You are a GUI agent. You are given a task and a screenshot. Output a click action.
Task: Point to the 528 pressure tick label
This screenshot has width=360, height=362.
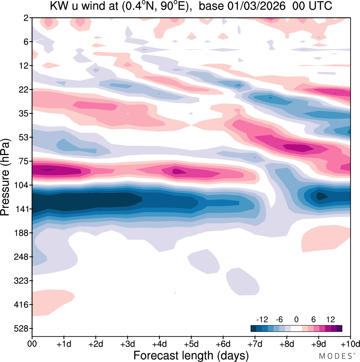coord(21,329)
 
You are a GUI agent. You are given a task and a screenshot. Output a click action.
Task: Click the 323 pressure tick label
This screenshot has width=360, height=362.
coord(21,281)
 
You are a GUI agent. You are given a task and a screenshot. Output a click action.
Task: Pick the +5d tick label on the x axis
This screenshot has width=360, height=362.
coord(191,344)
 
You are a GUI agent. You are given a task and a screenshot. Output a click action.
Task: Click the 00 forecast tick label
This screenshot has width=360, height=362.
coord(32,344)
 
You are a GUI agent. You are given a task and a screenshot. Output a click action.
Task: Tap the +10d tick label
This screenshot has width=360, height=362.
coord(350,344)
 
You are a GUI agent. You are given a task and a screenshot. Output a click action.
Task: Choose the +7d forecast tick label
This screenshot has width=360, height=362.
coord(255,344)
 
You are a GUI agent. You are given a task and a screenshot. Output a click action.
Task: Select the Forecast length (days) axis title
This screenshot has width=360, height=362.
coord(191,355)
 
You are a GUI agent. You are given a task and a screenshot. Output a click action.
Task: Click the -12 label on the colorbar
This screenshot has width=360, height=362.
coord(262,319)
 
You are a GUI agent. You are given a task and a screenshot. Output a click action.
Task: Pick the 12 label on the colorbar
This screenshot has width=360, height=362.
coord(330,319)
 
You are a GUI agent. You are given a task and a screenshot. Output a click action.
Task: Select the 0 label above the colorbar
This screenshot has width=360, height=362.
coord(296,319)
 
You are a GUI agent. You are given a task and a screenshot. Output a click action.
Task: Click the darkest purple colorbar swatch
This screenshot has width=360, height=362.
coord(339,329)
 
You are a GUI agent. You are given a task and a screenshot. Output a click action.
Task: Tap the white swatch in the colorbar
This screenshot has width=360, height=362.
coord(296,329)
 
